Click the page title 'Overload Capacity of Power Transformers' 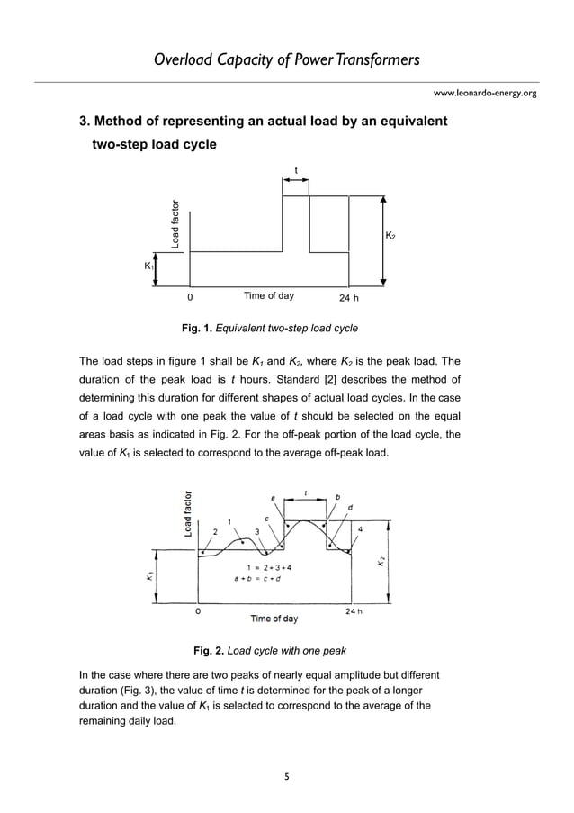(x=287, y=60)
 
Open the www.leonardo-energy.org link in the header (x=485, y=93)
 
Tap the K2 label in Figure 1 (x=390, y=236)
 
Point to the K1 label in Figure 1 (x=148, y=266)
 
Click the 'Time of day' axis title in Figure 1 (x=268, y=295)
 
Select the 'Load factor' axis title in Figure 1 (x=176, y=222)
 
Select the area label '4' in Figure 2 (x=361, y=529)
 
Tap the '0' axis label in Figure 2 (x=198, y=610)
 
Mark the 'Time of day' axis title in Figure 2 (x=274, y=619)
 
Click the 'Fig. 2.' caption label (x=209, y=650)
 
